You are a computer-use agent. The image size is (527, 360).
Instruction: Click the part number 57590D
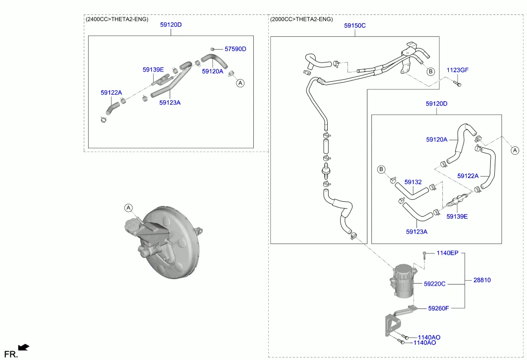pos(235,49)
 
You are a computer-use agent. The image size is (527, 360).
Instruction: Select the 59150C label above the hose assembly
pos(354,26)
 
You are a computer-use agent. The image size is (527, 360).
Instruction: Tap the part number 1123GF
pos(457,70)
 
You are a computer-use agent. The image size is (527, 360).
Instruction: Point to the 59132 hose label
pos(413,182)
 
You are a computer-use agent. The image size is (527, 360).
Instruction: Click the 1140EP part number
pos(447,253)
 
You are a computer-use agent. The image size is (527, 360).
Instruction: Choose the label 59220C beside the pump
pos(435,284)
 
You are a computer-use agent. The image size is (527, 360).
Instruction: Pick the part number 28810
pos(482,280)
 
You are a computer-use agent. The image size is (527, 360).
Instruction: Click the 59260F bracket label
pos(438,308)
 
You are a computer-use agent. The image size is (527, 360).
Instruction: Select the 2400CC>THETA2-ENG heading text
pos(117,19)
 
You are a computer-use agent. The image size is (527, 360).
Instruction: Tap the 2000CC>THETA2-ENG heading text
pos(301,19)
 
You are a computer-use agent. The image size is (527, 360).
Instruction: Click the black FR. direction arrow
pos(24,347)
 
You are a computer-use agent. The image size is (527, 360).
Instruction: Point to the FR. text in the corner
pos(11,354)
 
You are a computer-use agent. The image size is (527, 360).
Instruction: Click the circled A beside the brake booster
pos(128,208)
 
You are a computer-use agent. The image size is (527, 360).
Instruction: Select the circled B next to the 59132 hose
pos(381,170)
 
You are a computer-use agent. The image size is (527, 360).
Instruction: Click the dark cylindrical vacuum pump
pos(403,281)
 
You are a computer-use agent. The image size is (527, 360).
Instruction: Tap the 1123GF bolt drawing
pos(457,83)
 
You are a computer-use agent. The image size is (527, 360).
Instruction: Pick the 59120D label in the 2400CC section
pos(171,24)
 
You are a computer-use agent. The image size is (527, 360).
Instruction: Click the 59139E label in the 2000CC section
pos(457,217)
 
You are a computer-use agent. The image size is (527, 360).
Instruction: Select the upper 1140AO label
pos(429,338)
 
